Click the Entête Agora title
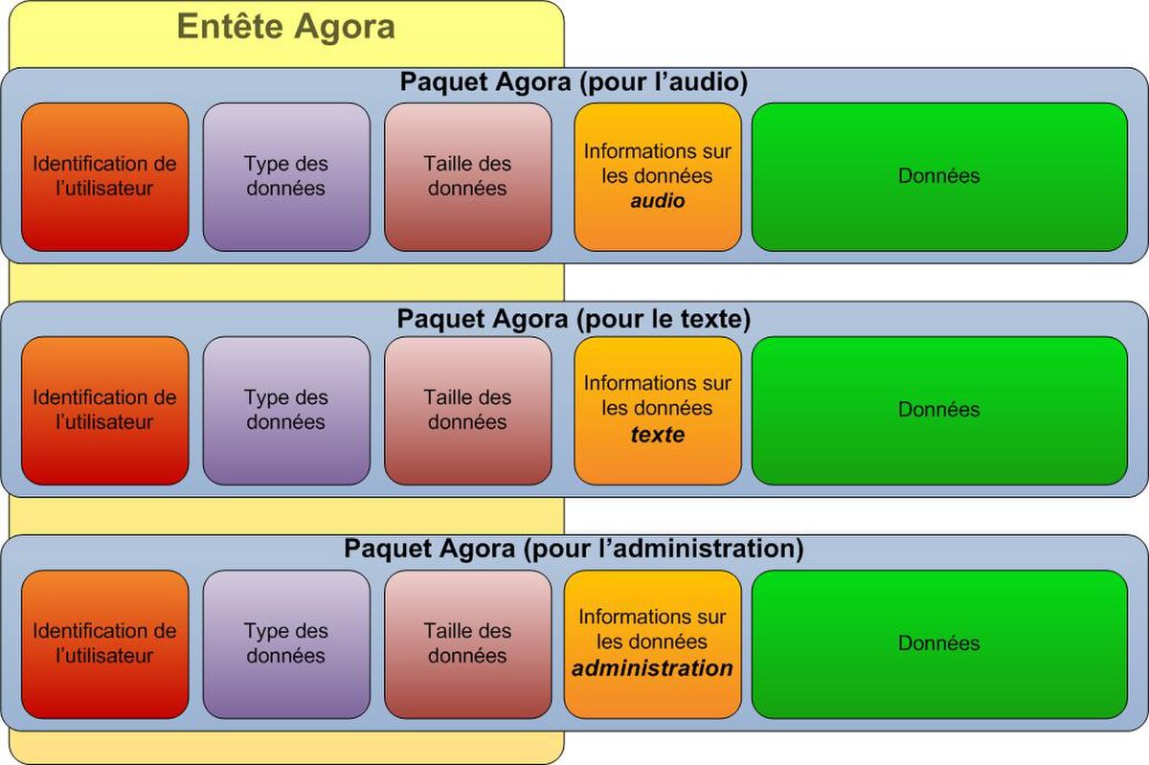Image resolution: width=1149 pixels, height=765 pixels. point(286,27)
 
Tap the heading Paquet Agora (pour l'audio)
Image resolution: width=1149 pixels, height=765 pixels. point(574,82)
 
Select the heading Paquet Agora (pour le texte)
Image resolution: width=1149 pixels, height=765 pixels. point(574,319)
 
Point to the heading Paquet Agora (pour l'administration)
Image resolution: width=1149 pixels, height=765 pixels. point(574,549)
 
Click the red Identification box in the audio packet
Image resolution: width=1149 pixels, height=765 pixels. point(104,177)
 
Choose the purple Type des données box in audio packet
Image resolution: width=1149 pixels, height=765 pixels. point(286,177)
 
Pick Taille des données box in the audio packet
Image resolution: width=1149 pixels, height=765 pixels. point(468,177)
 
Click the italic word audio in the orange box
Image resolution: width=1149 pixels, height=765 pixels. point(658,201)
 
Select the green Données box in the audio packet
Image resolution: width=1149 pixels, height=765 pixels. point(939,177)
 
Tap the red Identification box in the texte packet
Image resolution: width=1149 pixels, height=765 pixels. point(104,411)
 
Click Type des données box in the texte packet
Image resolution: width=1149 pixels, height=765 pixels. point(286,411)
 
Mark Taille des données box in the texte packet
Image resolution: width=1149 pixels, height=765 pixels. point(468,411)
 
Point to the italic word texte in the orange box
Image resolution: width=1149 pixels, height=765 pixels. point(658,435)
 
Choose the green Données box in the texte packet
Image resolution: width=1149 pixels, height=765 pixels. point(939,411)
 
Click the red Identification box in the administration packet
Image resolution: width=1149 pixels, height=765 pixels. point(104,644)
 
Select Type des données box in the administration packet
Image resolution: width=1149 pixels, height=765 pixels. point(286,644)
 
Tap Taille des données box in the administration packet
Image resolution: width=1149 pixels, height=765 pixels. point(468,644)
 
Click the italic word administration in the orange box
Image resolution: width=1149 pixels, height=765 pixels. point(652,668)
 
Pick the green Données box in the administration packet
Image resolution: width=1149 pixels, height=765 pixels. point(939,644)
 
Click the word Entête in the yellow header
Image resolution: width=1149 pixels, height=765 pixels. point(232,26)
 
